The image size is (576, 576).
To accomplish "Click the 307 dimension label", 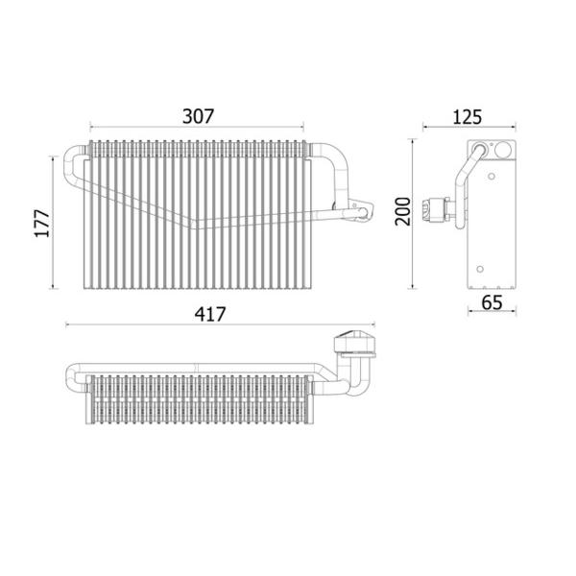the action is [x=198, y=116].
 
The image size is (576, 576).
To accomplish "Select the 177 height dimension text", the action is [x=42, y=224].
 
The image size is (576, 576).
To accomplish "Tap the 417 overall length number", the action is [x=210, y=315].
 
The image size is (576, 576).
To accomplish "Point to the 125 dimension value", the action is [x=467, y=117].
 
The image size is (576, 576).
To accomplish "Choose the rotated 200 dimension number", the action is [x=402, y=211].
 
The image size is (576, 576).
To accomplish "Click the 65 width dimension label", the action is [x=492, y=302].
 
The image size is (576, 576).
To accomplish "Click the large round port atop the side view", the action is [x=501, y=150].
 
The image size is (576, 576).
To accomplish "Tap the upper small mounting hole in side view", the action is [x=492, y=177].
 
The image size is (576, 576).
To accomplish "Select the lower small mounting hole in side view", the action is [x=480, y=269].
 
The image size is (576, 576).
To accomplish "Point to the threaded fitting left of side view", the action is [x=436, y=210].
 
